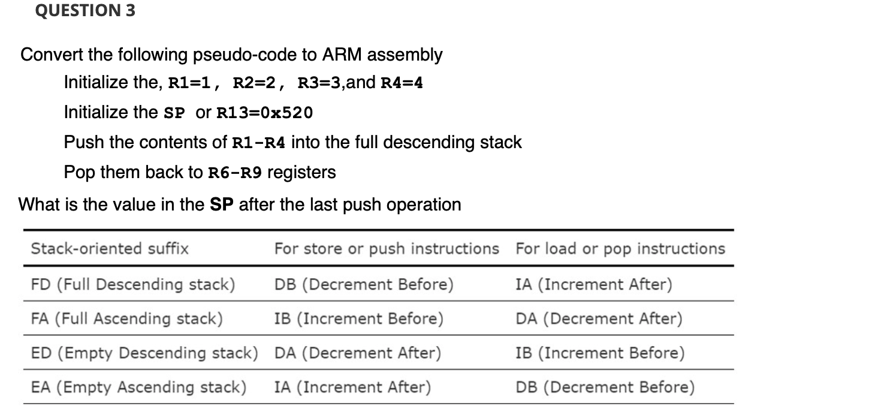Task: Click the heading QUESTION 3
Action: (x=85, y=11)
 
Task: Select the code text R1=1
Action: (x=188, y=83)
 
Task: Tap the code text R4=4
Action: (x=402, y=83)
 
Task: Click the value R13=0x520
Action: (x=264, y=113)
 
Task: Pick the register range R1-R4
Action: (x=258, y=143)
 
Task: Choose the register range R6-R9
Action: (x=234, y=173)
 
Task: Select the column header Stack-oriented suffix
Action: (x=110, y=248)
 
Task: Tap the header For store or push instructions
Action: (x=387, y=248)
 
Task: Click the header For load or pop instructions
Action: (x=620, y=248)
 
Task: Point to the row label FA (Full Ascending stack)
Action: (x=127, y=318)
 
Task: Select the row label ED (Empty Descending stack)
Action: (x=144, y=353)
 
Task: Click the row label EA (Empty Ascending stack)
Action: (x=138, y=387)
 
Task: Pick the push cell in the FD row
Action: (x=364, y=284)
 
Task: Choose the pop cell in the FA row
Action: (x=599, y=318)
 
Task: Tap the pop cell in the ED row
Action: (x=600, y=353)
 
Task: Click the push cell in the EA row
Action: (x=352, y=387)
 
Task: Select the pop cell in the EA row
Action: (x=605, y=387)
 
